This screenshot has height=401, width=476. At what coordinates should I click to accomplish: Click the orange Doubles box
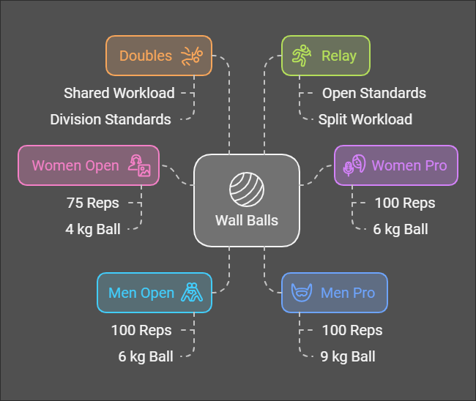click(158, 56)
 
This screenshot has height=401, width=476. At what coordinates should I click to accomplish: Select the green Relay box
click(326, 56)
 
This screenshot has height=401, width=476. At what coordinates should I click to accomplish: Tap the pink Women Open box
click(88, 165)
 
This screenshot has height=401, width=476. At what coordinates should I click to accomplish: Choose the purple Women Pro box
click(395, 165)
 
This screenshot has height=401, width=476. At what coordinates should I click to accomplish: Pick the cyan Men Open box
click(154, 293)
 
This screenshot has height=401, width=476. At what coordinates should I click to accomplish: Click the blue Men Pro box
click(334, 293)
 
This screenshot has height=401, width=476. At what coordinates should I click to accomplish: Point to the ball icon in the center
click(247, 190)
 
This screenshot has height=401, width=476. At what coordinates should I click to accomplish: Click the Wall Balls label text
click(247, 220)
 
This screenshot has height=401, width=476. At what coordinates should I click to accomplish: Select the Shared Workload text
click(119, 93)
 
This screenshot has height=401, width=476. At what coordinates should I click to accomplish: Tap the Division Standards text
click(111, 119)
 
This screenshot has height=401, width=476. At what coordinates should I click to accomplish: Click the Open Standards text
click(374, 93)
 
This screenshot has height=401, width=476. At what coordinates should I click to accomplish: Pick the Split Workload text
click(365, 119)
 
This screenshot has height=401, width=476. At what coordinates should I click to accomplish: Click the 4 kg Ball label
click(93, 229)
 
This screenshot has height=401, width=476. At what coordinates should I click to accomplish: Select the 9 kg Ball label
click(349, 356)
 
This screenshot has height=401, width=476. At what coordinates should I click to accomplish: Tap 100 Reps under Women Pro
click(405, 203)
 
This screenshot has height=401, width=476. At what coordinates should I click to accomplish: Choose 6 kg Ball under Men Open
click(146, 356)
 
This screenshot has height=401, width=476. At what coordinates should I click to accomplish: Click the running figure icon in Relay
click(302, 56)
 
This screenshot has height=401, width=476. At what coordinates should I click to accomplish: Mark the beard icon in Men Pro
click(300, 293)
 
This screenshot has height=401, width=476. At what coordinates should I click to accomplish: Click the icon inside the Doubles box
click(193, 56)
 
